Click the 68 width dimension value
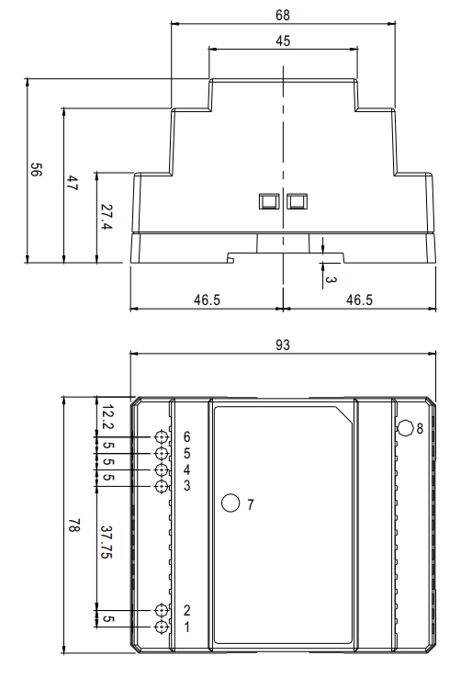point(283,15)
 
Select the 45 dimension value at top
point(283,41)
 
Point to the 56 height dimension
point(36,169)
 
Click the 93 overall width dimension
point(283,345)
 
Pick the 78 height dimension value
point(73,525)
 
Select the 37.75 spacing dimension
point(107,542)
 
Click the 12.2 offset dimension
point(107,417)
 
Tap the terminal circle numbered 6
point(162,436)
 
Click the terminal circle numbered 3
point(162,486)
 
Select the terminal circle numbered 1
point(162,627)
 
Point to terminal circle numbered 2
point(162,610)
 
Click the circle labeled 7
point(230,503)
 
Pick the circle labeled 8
point(406,428)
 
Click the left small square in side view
point(269,201)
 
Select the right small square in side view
point(297,201)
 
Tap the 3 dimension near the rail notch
point(331,280)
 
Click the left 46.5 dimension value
point(207,299)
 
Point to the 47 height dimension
point(72,183)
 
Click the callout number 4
point(186,469)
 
